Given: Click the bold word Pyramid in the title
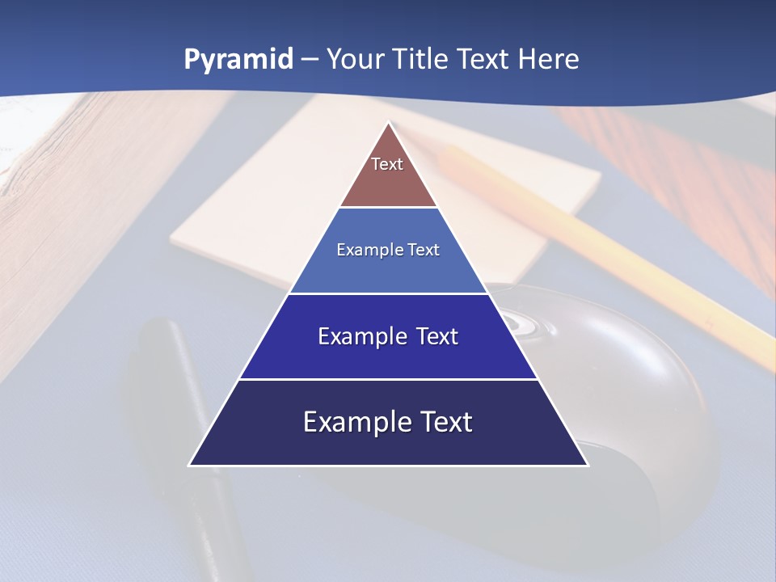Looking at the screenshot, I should click(238, 60).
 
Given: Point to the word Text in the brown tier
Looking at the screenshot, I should click(387, 164).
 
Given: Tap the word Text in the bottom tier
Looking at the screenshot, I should click(444, 422).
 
